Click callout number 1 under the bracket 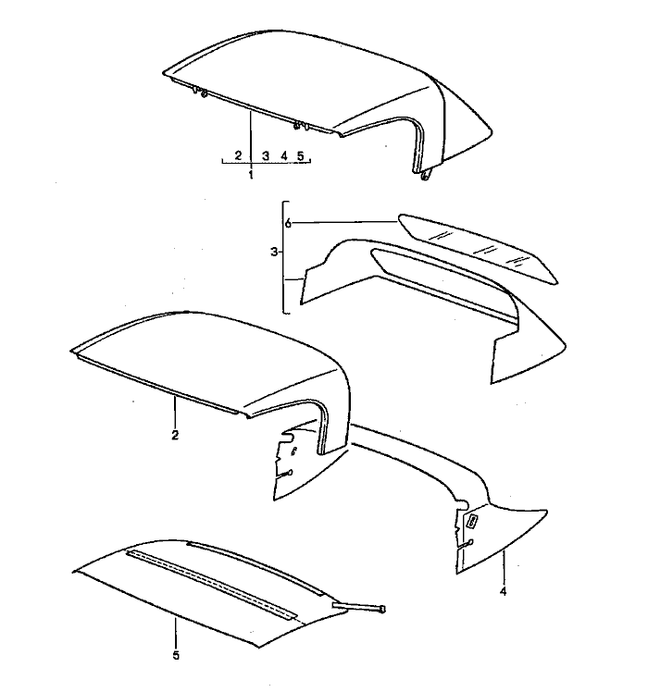pos(251,175)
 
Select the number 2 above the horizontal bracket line pos(239,155)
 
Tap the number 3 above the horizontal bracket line pos(266,155)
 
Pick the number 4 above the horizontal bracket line pos(284,155)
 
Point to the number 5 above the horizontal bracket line pos(301,155)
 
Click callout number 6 pos(288,224)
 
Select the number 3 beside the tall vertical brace pos(274,252)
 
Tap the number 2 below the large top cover pos(175,435)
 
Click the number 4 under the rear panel pos(503,591)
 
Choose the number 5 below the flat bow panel pos(176,655)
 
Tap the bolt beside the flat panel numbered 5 pos(358,608)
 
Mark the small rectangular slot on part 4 pos(472,522)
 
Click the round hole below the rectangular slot pos(471,542)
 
